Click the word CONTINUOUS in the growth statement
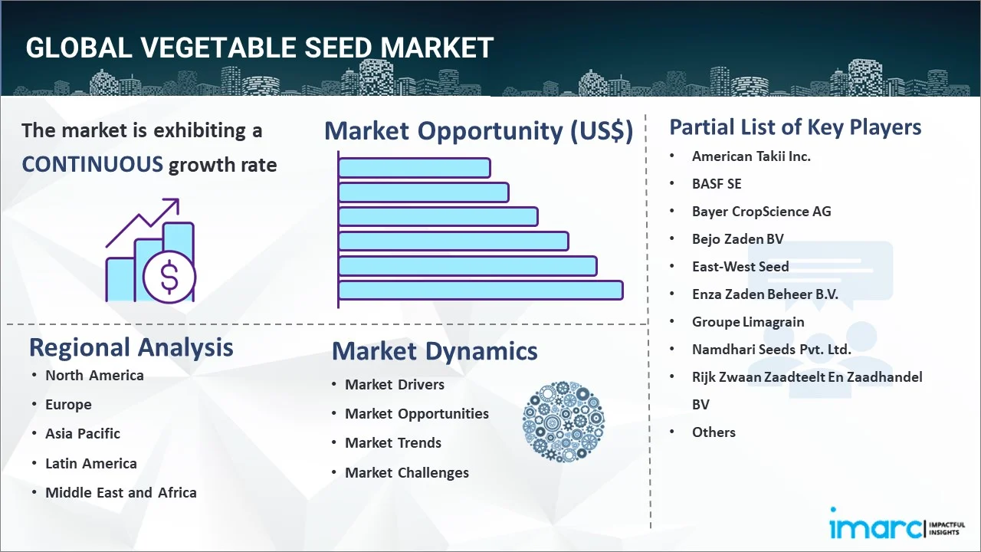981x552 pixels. coord(93,165)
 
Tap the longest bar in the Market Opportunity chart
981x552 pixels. coord(481,291)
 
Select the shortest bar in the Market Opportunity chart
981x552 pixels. coord(415,168)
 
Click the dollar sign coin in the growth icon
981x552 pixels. coord(169,277)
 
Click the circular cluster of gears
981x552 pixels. coord(563,422)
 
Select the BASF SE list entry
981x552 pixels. coord(717,184)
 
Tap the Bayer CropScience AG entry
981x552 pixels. coord(761,212)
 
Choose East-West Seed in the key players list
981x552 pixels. coord(740,266)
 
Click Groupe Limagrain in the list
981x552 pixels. coord(748,322)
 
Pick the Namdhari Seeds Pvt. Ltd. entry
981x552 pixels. coord(771,349)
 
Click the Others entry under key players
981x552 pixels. coord(714,432)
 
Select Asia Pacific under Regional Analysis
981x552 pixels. coord(83,434)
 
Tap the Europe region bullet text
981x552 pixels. coord(68,405)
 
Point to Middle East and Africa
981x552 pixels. coord(121,492)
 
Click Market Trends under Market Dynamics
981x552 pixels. coord(393,443)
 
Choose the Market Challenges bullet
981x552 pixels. coord(407,473)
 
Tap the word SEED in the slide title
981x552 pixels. coord(338,48)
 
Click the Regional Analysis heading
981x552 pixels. coord(131,348)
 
